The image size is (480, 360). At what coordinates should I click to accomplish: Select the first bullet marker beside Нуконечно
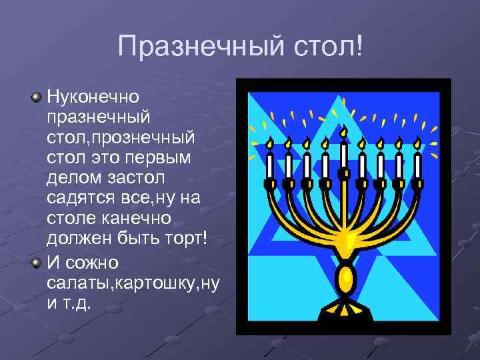37,97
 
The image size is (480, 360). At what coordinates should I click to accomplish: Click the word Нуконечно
93,97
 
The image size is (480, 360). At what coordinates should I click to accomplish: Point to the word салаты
79,283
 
